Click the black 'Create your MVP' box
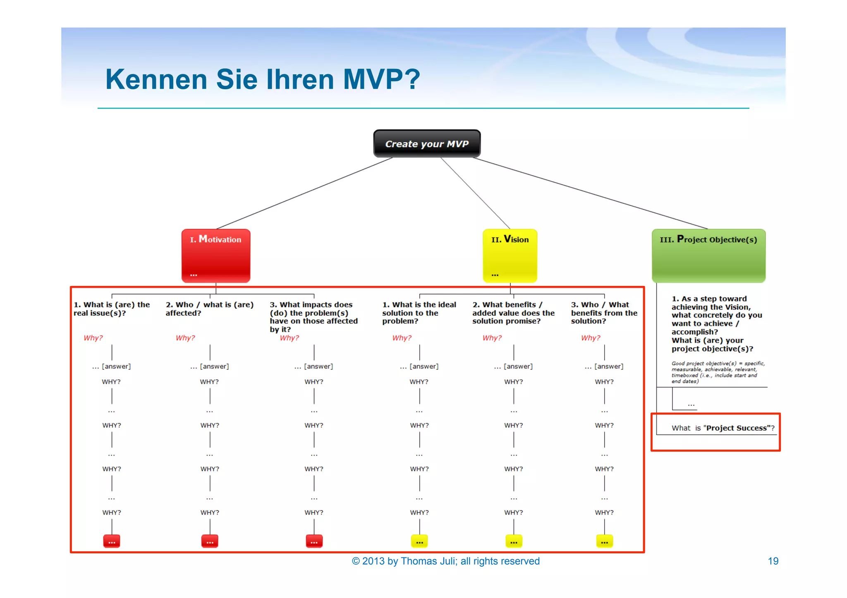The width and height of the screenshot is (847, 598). click(x=427, y=144)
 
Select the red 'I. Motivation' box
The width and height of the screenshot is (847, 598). click(x=216, y=255)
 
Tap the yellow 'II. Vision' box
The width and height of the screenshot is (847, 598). click(x=510, y=255)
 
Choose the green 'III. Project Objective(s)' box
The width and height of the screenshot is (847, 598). click(x=708, y=255)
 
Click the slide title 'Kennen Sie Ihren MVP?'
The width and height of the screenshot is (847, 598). click(x=263, y=79)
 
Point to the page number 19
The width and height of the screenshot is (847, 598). click(x=773, y=561)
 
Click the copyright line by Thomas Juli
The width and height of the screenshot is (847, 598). click(x=445, y=561)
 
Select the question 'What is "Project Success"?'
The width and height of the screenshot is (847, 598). click(x=723, y=428)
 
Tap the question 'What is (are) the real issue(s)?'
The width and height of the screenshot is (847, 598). click(x=112, y=309)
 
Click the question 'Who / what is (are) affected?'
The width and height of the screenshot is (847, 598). click(x=209, y=309)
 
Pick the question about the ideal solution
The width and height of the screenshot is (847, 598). click(x=419, y=313)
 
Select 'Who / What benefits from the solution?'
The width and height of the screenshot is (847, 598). click(x=604, y=313)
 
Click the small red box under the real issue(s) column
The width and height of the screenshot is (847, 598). click(x=112, y=541)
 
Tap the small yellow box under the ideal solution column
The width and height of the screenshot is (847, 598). click(x=419, y=541)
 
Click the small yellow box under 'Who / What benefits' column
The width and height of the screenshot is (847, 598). click(x=604, y=541)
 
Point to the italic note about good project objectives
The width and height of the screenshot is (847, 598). click(x=718, y=372)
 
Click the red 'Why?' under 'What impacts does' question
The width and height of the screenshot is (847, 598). click(x=289, y=338)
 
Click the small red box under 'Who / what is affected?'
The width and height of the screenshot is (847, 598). click(x=210, y=541)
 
